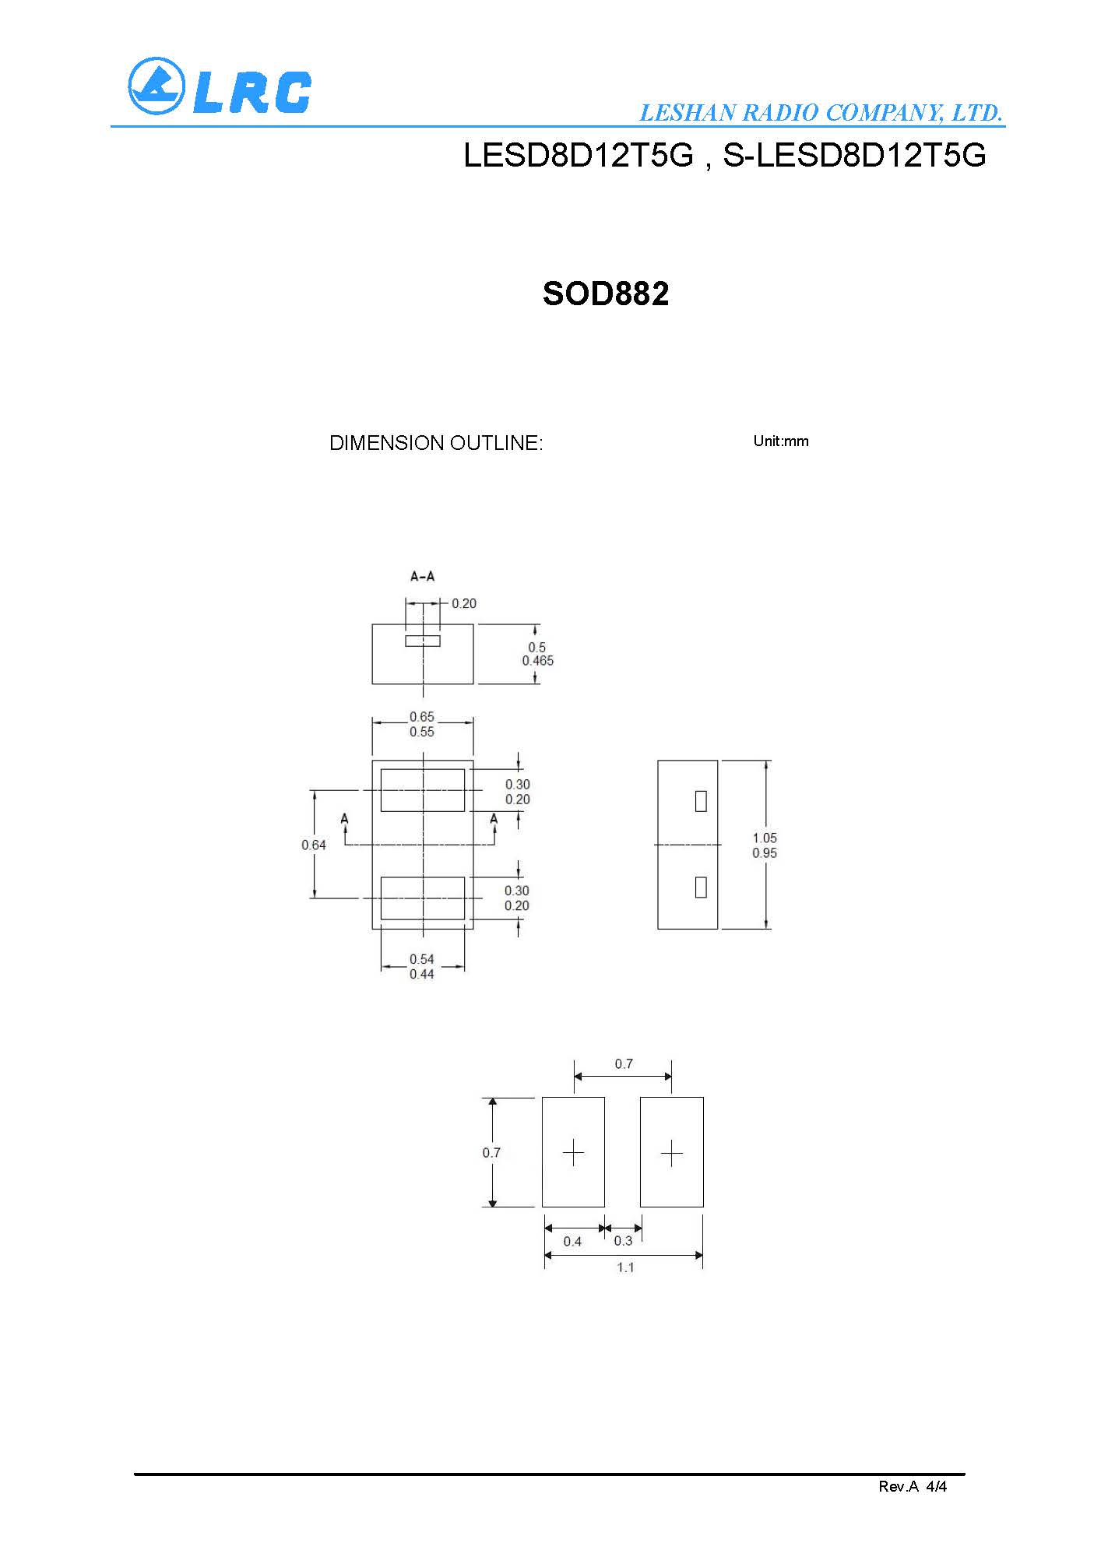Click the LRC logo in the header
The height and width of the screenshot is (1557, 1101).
pos(220,86)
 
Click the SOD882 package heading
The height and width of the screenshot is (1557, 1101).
pos(606,293)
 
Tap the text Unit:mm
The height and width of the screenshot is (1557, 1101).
pos(781,441)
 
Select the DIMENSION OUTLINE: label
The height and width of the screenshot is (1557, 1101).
pos(436,443)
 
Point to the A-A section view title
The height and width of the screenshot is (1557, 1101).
pos(423,577)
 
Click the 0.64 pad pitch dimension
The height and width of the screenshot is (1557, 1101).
pos(314,845)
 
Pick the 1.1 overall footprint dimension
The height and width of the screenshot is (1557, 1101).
pos(625,1267)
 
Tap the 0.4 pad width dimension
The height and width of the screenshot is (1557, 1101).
pos(572,1241)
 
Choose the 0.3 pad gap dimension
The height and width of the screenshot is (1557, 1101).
pos(623,1241)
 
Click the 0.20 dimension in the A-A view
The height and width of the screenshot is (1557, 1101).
pos(464,603)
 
